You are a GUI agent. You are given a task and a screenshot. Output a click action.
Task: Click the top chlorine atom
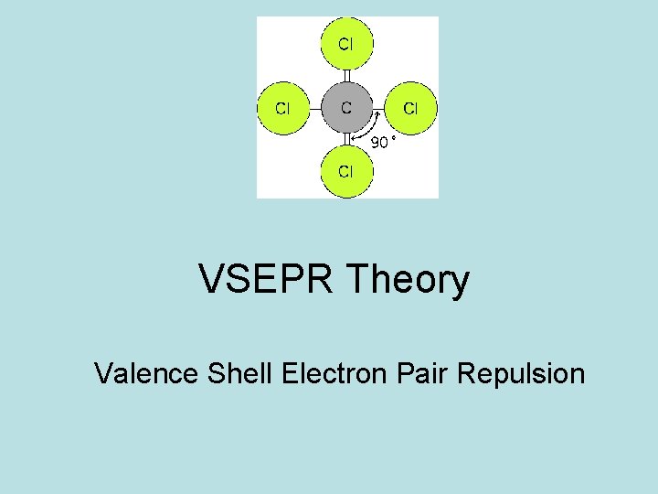point(346,45)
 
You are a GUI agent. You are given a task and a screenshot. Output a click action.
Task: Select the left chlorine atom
point(283,108)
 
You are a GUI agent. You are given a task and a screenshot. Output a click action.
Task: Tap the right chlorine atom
point(410,108)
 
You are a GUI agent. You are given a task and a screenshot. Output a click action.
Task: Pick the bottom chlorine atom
point(346,171)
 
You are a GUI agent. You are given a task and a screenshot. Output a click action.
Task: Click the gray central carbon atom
point(346,108)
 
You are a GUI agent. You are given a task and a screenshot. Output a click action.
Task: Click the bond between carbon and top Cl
point(346,77)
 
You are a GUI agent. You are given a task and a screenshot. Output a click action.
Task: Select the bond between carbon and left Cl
point(315,108)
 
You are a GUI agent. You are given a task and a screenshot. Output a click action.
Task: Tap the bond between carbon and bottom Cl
point(346,139)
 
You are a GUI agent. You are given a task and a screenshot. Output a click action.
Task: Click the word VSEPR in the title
point(271,280)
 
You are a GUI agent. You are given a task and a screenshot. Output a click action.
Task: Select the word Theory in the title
point(410,280)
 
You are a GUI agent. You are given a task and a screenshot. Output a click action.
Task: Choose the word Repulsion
point(521,373)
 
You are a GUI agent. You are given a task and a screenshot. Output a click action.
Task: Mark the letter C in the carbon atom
point(346,108)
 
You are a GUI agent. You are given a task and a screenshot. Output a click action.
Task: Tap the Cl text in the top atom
point(346,44)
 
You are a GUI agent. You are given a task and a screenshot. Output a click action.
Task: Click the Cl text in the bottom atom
point(346,171)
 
